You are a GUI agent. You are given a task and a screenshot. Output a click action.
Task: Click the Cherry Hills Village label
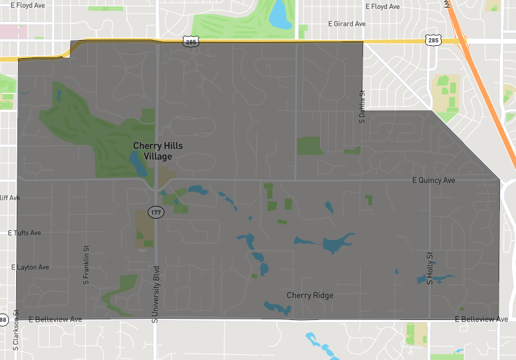coord(158,150)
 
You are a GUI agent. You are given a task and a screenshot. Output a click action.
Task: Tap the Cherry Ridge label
coord(310,295)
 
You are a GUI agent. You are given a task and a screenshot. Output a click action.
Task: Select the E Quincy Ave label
coord(433,180)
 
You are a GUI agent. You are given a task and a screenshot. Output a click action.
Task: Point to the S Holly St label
coord(429,268)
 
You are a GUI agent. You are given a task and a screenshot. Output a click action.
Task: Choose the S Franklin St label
coord(85,265)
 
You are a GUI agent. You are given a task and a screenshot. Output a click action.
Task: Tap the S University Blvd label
coord(155,294)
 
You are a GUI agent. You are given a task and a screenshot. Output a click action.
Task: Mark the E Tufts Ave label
coord(25,232)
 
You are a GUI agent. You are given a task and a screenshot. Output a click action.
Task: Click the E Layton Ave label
coord(30,266)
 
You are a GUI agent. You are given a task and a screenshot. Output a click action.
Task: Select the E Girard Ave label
coord(346,24)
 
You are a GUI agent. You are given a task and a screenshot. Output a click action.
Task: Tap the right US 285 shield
coord(432,40)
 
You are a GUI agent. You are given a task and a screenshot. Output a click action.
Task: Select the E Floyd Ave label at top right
coord(382,6)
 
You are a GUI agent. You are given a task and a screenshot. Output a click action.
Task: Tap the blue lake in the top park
coord(279,14)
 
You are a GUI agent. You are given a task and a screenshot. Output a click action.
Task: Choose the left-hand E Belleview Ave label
coord(55,319)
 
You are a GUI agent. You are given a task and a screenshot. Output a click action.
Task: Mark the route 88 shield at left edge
coord(3,319)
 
